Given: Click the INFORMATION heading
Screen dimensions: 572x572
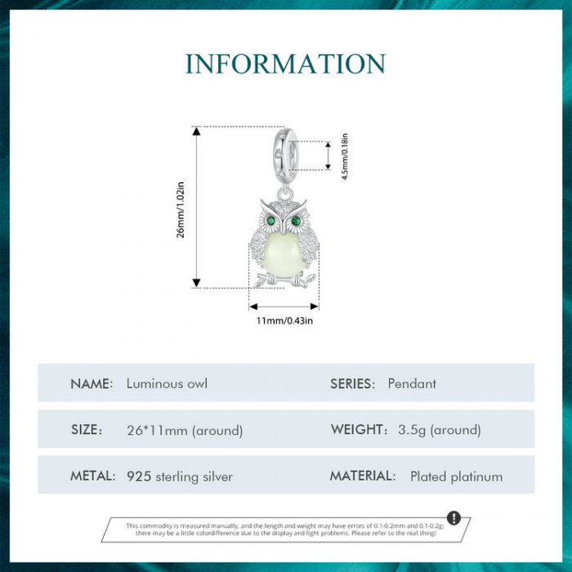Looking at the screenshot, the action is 285,64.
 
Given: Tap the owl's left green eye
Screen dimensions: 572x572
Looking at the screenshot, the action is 271,221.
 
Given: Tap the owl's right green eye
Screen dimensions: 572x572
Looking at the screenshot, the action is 296,221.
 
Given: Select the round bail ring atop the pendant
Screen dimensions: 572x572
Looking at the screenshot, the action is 285,154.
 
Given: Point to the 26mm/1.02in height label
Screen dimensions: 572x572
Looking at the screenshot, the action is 181,209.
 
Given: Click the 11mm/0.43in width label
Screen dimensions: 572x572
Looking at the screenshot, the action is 284,320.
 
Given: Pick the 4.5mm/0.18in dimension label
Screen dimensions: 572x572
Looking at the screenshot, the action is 345,156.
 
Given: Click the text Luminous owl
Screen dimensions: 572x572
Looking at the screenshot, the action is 167,383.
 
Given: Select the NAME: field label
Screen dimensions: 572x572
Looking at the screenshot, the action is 92,384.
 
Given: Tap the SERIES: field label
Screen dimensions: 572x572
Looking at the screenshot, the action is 352,384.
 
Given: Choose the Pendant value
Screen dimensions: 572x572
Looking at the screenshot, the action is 412,383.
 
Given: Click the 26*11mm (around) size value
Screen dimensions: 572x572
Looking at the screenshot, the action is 185,430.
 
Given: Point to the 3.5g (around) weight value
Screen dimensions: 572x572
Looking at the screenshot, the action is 440,430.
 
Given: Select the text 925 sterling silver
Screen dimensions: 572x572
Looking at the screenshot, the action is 180,476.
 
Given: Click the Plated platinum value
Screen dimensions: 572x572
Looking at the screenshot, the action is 456,476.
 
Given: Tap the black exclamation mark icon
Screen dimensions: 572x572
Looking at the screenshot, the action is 454,518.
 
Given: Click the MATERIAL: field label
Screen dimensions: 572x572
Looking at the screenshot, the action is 363,476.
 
